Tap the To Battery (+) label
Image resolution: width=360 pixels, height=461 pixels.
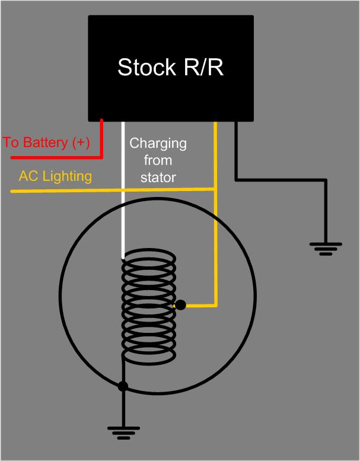pos(46,143)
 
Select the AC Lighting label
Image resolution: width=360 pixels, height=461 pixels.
pos(55,176)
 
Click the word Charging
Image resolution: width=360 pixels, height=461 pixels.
pos(158,144)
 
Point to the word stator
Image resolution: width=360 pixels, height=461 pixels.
pos(158,177)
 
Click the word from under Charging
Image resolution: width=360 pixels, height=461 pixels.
pos(158,160)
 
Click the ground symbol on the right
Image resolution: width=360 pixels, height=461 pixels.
pos(324,248)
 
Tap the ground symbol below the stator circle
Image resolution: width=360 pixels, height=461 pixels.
pos(123,433)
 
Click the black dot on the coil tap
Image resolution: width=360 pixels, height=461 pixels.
pos(181,306)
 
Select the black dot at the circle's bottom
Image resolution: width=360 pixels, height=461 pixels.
pos(123,386)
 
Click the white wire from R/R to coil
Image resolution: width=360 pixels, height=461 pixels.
pos(123,190)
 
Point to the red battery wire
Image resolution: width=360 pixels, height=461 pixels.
pos(101,142)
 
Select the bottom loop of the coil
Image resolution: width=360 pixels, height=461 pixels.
pos(149,355)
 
